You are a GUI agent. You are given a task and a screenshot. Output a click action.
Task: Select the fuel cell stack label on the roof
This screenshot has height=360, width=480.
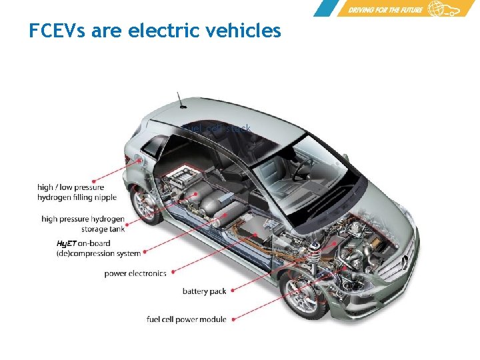pos(216,128)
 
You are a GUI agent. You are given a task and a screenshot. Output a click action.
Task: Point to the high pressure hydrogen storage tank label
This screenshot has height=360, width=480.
pos(83,223)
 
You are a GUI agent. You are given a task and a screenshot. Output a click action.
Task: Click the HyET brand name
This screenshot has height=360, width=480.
pos(67,243)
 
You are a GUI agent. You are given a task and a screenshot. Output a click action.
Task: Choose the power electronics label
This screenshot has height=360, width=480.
pos(135,273)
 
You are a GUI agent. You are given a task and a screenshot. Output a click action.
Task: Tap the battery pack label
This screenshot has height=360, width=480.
pos(204,291)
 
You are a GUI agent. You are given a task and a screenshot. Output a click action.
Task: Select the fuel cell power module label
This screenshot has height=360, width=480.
pos(186,319)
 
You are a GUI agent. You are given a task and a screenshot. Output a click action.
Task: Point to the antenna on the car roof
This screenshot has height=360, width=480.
pos(179,99)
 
